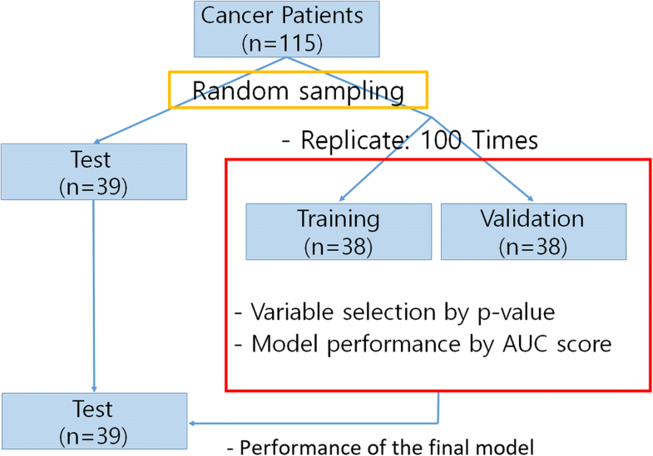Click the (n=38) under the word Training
338,246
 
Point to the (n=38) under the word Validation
533,246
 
